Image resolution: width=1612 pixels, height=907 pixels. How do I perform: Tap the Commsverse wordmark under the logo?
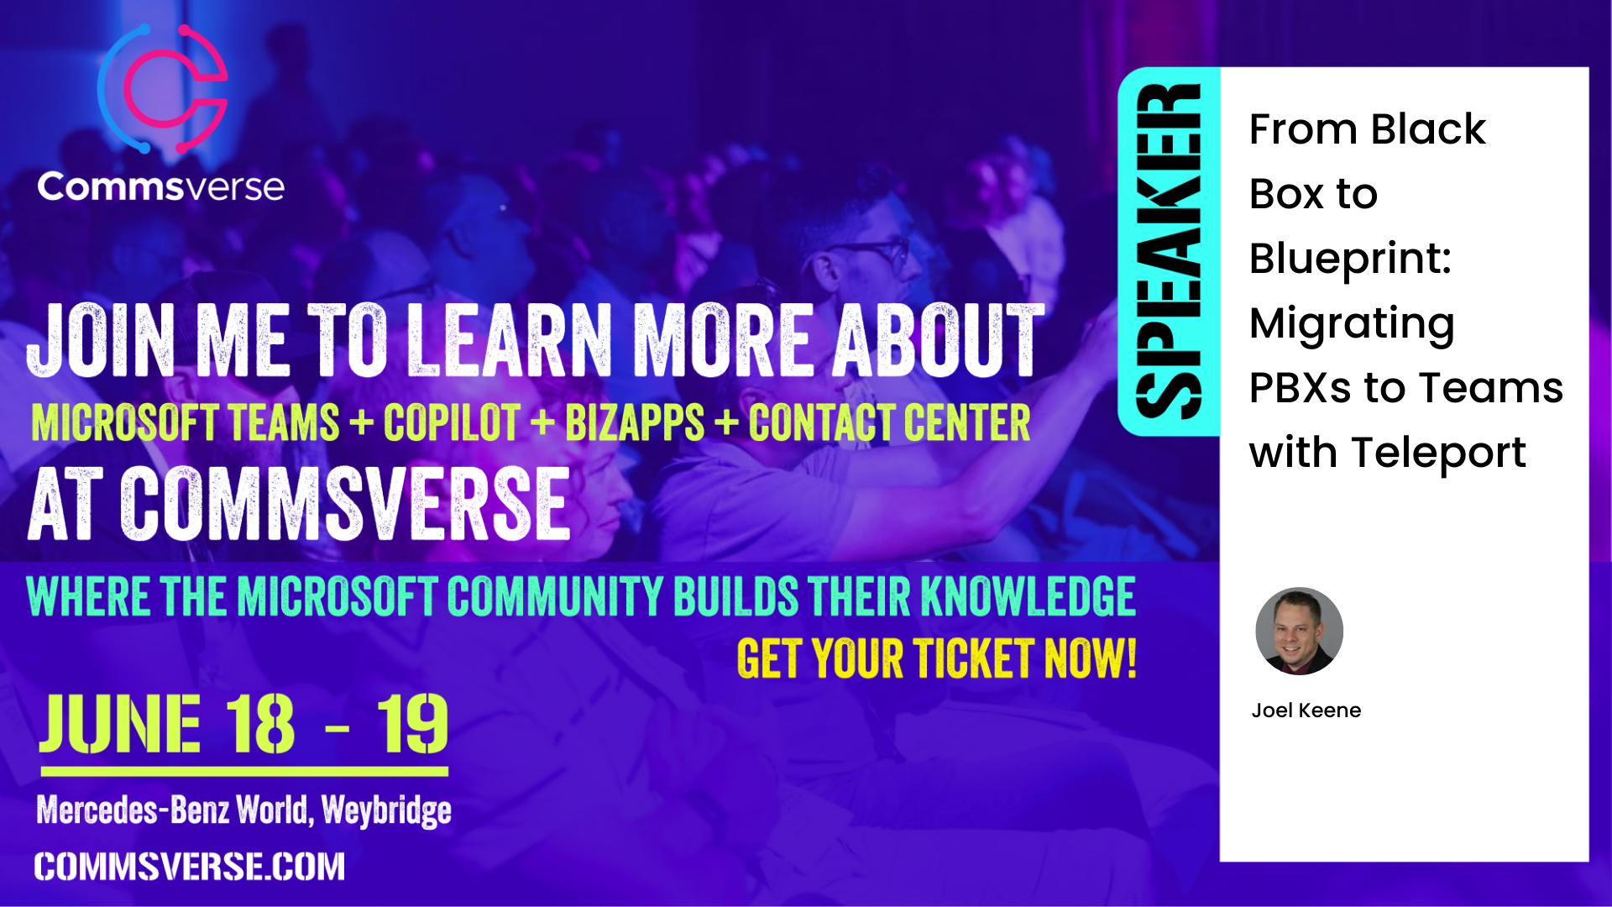[x=160, y=186]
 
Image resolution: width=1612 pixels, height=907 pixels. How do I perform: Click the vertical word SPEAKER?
[x=1168, y=251]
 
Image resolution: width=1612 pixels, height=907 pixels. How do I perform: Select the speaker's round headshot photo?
[x=1299, y=631]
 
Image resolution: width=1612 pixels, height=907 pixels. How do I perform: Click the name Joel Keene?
[x=1306, y=710]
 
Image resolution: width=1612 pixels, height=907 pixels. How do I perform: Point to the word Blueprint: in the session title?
[x=1350, y=259]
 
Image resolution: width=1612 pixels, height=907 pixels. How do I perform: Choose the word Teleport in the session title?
[x=1438, y=453]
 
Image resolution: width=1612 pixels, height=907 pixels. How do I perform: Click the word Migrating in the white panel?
[x=1352, y=325]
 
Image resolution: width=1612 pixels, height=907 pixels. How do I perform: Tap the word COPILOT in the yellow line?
[x=452, y=422]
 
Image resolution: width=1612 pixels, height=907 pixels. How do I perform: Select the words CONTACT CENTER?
[x=889, y=422]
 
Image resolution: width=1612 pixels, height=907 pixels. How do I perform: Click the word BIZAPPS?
[x=635, y=422]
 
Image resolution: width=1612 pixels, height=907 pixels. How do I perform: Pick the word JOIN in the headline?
[x=101, y=340]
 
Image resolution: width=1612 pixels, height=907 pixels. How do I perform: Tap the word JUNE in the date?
[x=120, y=724]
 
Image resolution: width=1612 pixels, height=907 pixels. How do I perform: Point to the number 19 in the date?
[x=412, y=724]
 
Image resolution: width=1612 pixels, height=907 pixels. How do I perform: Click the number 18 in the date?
[x=260, y=724]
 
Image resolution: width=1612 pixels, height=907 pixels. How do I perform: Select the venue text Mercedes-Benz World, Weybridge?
[x=243, y=810]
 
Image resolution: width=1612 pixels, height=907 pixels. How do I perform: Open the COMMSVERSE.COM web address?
[x=190, y=867]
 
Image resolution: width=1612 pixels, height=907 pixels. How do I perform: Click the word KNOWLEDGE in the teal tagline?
[x=1028, y=596]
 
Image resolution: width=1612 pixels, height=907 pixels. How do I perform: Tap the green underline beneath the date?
[x=244, y=771]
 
